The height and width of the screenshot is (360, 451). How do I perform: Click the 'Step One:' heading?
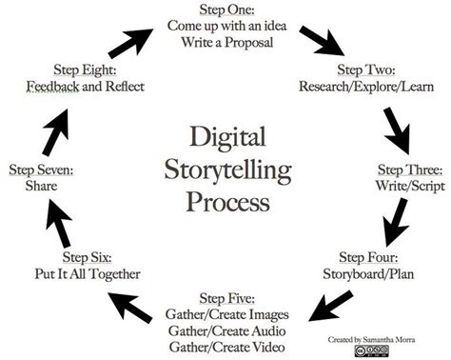(225, 10)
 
